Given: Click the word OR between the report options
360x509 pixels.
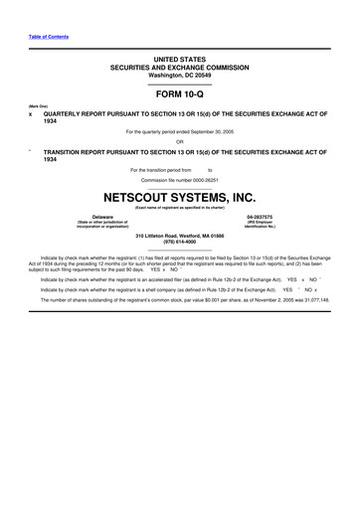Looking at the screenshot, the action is (179, 141).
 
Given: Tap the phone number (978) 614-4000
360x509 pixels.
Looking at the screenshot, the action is (179, 241).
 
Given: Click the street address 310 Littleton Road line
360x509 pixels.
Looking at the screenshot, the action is (179, 234).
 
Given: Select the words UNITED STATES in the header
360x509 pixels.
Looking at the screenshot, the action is (179, 60).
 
